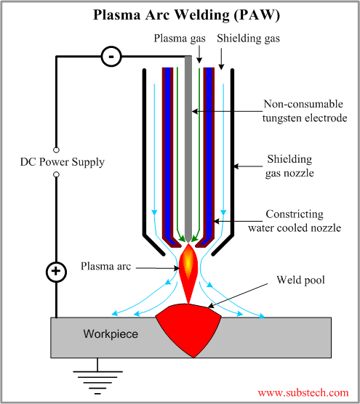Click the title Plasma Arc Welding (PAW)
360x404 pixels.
point(180,15)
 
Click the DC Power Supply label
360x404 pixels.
point(62,161)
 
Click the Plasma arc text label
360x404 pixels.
point(106,267)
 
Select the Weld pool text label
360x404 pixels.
point(299,280)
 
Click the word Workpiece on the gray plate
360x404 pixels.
point(108,334)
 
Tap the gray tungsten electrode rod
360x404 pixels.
point(188,145)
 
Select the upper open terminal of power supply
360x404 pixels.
point(56,148)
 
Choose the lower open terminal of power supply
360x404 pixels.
point(56,175)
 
